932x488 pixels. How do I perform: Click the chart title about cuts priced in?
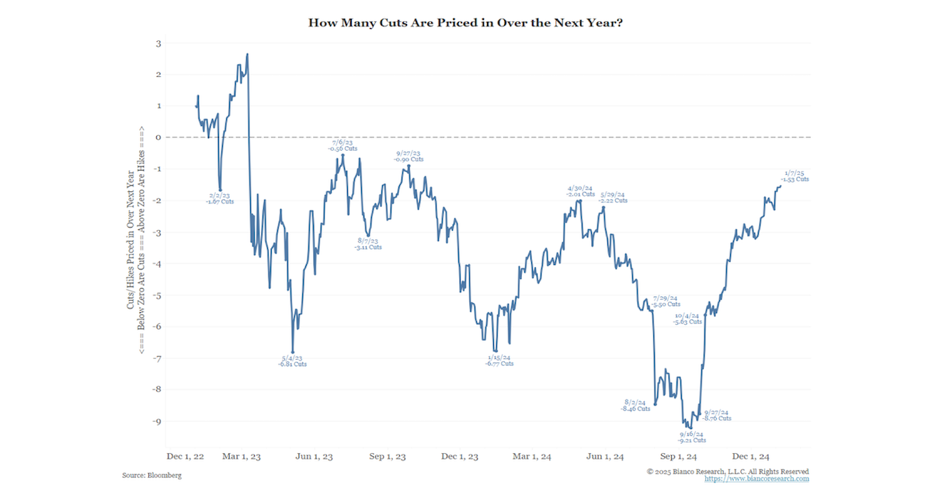pos(466,23)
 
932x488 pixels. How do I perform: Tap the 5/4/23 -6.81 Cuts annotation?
pos(293,361)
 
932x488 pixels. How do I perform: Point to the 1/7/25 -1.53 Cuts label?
pos(795,176)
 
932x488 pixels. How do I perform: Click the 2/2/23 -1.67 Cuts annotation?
pos(220,198)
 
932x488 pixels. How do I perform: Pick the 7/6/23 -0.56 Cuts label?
pos(343,145)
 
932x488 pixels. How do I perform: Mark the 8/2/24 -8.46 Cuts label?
pos(635,405)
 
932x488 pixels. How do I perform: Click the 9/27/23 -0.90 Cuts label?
pos(409,156)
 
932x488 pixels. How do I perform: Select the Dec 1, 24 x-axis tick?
pos(751,456)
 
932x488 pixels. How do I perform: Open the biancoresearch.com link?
pos(756,479)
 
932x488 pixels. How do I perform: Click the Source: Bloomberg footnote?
pos(151,475)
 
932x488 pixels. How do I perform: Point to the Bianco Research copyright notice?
pos(728,471)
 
